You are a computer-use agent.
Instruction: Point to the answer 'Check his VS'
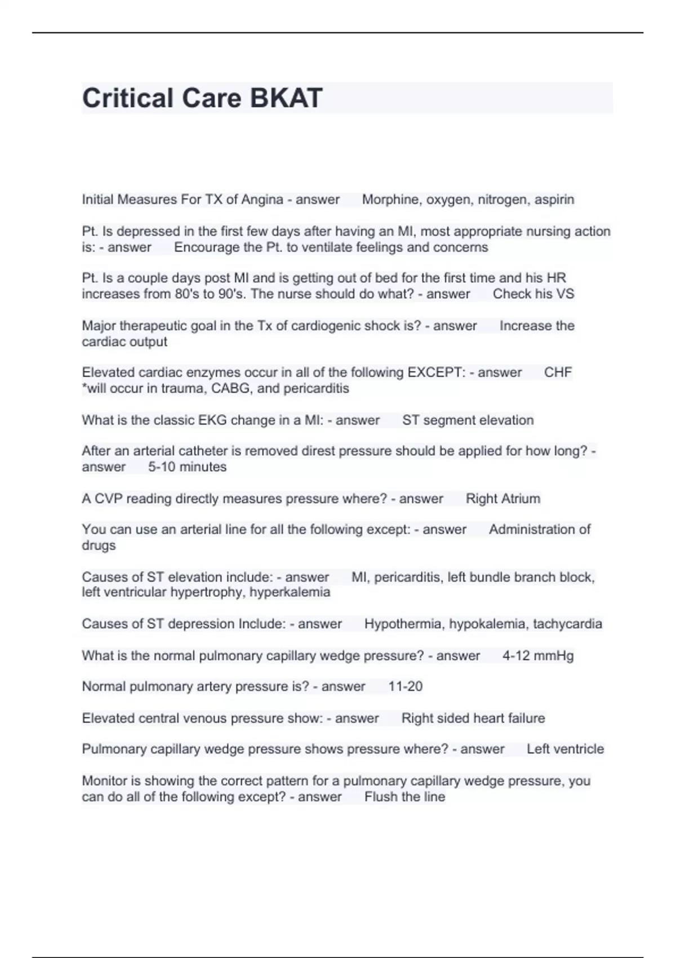click(533, 294)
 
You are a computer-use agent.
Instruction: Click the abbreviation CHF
click(558, 372)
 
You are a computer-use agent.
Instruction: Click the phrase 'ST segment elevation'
click(468, 420)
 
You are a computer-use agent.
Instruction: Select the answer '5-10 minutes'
click(187, 467)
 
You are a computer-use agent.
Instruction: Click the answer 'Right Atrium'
click(502, 499)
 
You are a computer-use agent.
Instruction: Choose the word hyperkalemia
click(290, 592)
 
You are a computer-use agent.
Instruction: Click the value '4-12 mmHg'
click(537, 655)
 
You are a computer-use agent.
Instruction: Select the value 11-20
click(405, 686)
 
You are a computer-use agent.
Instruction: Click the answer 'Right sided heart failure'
click(473, 718)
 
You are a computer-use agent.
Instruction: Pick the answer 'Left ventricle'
click(565, 749)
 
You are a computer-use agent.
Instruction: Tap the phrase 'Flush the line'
click(404, 797)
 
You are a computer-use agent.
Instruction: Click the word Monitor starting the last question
click(104, 781)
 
